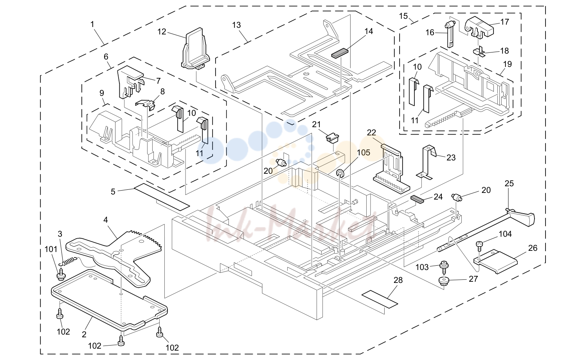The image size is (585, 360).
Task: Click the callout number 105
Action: tap(364, 153)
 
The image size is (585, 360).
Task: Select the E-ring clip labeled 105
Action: tap(340, 173)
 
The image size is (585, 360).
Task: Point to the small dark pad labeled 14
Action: tap(340, 53)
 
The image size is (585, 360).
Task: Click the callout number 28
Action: tap(398, 280)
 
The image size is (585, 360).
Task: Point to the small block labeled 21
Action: tap(332, 138)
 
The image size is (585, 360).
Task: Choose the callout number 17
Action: tap(504, 22)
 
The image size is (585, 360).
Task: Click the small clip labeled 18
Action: tap(479, 52)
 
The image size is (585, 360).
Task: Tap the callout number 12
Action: tap(162, 32)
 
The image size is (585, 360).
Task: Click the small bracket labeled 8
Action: tap(146, 104)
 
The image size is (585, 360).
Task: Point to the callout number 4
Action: tap(106, 220)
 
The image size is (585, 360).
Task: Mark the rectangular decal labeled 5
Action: tap(162, 196)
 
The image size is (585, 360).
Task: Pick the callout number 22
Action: tap(371, 133)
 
